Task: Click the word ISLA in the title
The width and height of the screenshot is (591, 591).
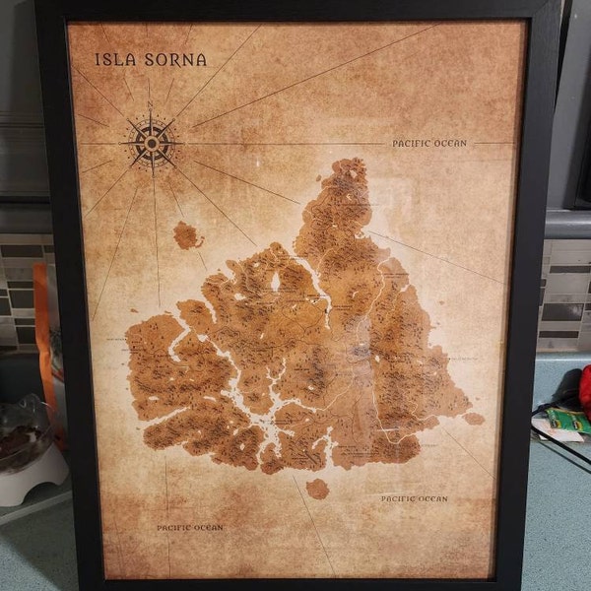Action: tap(111, 59)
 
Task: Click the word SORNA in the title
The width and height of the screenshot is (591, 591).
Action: tap(172, 59)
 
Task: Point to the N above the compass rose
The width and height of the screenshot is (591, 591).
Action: tap(150, 105)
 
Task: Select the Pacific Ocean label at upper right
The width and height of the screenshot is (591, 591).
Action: tap(428, 144)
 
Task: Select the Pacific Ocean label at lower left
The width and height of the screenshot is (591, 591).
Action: tap(190, 528)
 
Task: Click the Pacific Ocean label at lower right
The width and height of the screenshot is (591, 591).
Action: tap(414, 499)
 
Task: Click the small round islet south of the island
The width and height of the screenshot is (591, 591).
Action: tap(317, 489)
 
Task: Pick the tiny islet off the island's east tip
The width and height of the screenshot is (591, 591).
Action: tap(475, 419)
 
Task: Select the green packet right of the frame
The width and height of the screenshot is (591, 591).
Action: tap(568, 421)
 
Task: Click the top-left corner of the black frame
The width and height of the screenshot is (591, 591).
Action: tap(39, 4)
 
